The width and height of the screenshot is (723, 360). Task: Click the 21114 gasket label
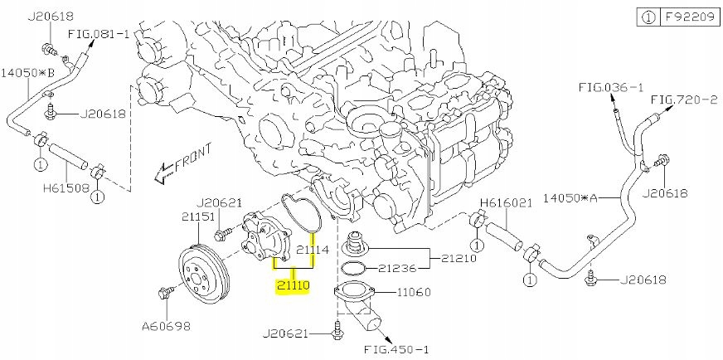pyautogui.click(x=313, y=250)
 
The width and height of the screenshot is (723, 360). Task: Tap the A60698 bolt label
pyautogui.click(x=167, y=326)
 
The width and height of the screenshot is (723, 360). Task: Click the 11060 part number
pyautogui.click(x=415, y=292)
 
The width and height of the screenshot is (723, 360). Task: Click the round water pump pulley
pyautogui.click(x=203, y=272)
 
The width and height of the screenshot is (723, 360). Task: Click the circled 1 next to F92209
pyautogui.click(x=648, y=15)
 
